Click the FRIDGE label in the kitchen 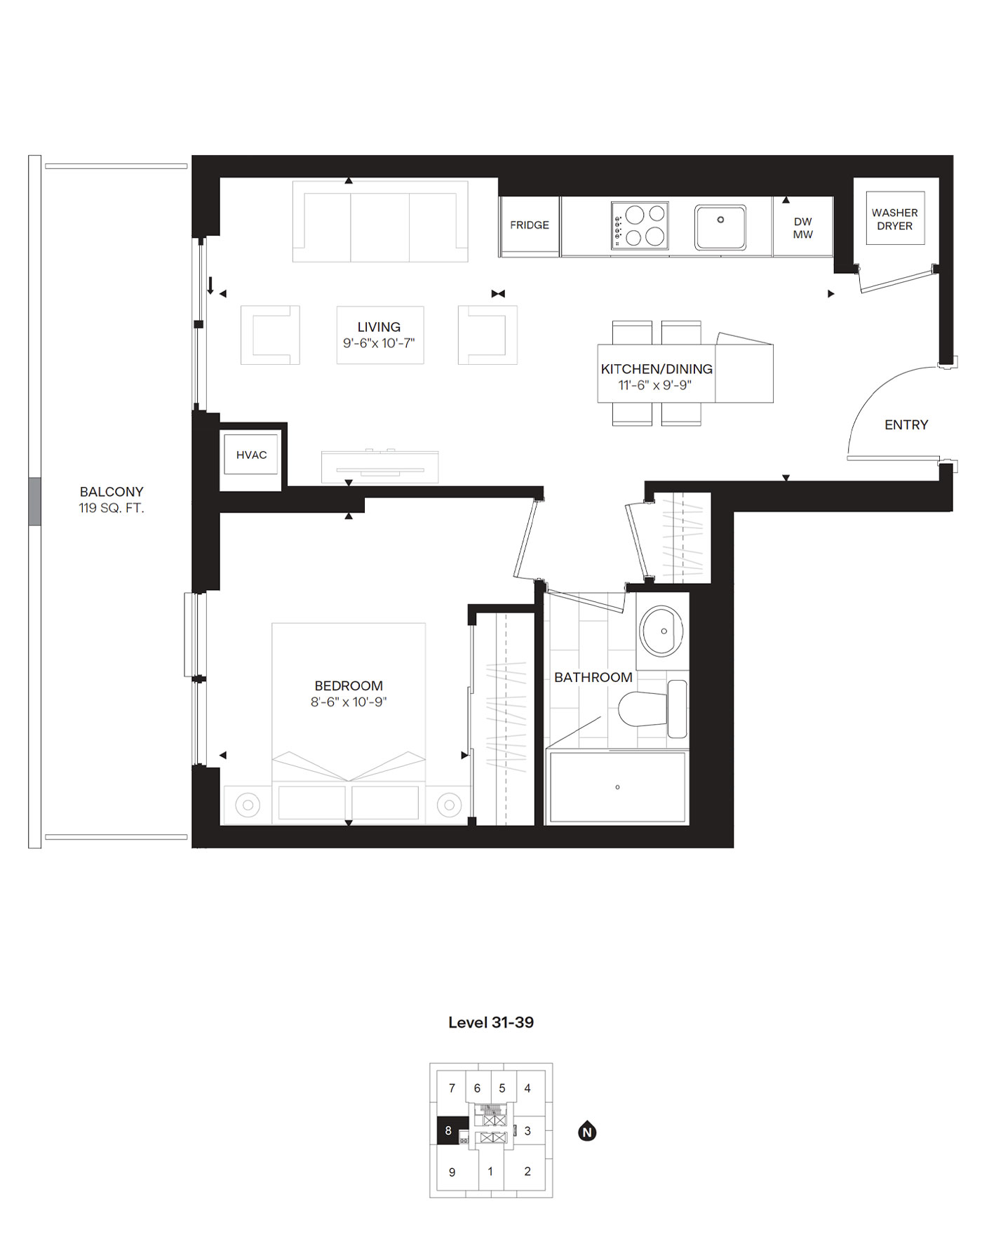(x=530, y=225)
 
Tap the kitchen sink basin (x=720, y=227)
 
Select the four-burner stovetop (x=640, y=226)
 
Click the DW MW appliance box (x=802, y=228)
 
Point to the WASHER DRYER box (x=894, y=219)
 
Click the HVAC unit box (x=251, y=455)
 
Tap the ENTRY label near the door (x=906, y=424)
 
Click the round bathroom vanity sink (x=661, y=631)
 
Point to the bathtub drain (x=617, y=787)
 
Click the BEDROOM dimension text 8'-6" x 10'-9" (x=349, y=702)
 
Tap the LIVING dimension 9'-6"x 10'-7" (x=379, y=343)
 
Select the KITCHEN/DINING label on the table (x=657, y=369)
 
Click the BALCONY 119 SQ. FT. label (x=112, y=500)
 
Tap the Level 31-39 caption (x=491, y=1022)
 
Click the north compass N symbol (x=587, y=1132)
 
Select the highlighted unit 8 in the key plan (x=449, y=1130)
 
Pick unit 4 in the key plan (x=527, y=1088)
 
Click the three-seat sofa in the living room (x=380, y=221)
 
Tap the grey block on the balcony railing (x=34, y=501)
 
